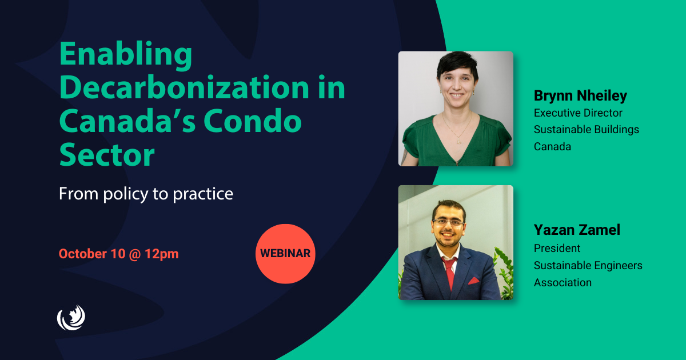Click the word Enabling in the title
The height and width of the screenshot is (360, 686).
(x=126, y=54)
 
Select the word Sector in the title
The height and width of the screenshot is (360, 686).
(x=107, y=155)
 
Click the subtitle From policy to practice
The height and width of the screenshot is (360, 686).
(x=146, y=194)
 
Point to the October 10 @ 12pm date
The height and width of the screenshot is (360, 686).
(x=118, y=254)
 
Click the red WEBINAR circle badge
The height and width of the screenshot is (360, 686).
(x=285, y=254)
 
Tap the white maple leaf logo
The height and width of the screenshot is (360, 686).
(x=71, y=318)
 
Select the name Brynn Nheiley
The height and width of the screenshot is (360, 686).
(x=580, y=96)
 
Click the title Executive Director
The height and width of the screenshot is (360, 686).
(x=578, y=113)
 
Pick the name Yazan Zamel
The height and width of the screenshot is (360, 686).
(x=577, y=230)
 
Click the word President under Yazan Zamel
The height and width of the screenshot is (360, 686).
(x=557, y=248)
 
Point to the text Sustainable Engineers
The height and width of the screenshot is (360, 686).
(x=588, y=265)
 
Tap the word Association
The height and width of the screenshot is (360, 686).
(x=563, y=282)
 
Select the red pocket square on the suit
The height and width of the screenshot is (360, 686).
(x=473, y=281)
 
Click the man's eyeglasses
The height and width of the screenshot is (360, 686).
(x=449, y=222)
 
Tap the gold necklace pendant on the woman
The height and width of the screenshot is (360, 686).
(x=458, y=141)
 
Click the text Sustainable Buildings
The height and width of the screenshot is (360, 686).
(x=586, y=130)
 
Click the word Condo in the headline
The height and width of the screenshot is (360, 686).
(x=253, y=121)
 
